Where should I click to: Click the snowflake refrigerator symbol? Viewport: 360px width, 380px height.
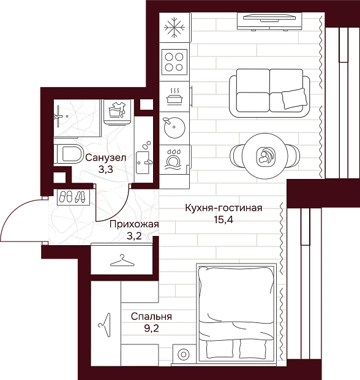[x=174, y=28]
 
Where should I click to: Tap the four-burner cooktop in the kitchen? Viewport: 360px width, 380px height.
[x=174, y=62]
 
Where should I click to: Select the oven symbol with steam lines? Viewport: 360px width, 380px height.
[x=174, y=96]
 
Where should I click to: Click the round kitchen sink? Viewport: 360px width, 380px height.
[x=174, y=127]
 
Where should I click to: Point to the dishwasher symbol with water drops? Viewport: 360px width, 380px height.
[x=173, y=159]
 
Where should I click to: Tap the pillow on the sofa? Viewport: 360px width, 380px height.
[x=294, y=99]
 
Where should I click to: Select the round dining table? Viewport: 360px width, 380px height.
[x=265, y=156]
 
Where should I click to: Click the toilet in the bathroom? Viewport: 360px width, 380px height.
[x=69, y=154]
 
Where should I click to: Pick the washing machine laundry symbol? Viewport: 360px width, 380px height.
[x=117, y=110]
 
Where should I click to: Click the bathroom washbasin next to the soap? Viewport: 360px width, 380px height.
[x=143, y=162]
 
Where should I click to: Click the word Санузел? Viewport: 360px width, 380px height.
[x=106, y=158]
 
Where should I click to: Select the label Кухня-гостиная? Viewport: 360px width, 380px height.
[x=223, y=208]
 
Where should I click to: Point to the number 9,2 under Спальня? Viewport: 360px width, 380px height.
[x=151, y=329]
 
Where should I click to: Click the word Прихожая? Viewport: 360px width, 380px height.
[x=134, y=224]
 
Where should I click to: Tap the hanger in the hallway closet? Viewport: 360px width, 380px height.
[x=122, y=260]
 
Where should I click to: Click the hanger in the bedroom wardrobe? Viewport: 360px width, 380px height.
[x=105, y=325]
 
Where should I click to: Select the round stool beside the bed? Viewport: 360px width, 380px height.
[x=183, y=354]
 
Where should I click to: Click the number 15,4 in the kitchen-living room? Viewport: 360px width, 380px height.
[x=223, y=220]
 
